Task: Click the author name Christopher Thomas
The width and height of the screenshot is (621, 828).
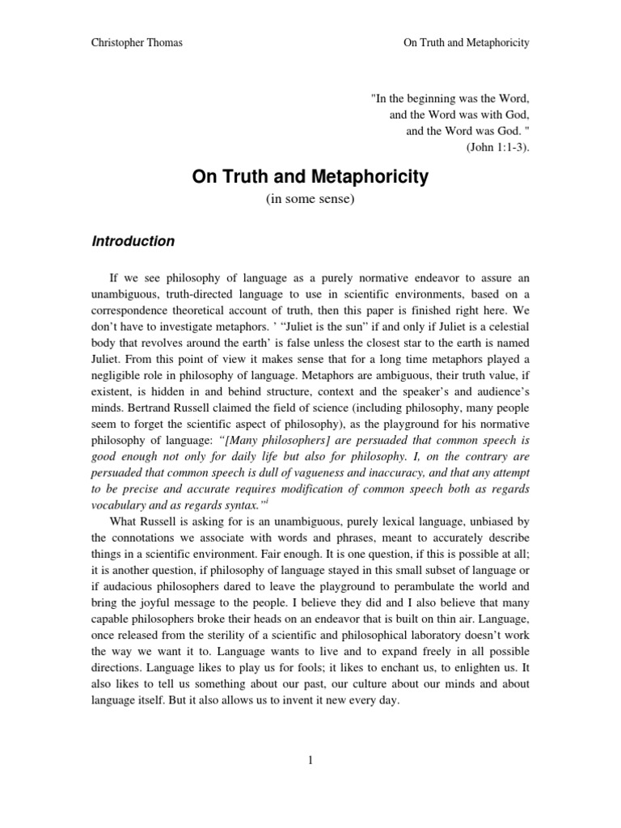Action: point(137,43)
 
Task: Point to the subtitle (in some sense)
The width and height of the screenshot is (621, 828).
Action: point(310,200)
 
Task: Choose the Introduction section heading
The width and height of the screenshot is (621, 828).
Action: point(133,241)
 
